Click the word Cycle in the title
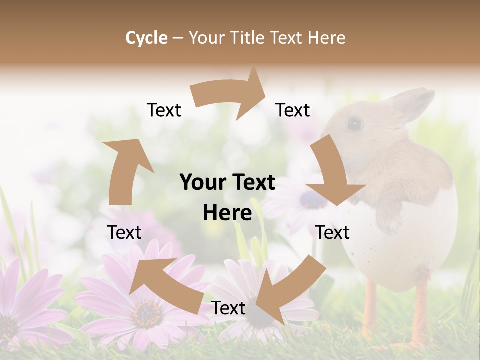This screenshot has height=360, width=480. [x=146, y=38]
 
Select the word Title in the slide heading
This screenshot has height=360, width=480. [x=248, y=38]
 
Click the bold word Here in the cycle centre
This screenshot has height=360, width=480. [x=227, y=213]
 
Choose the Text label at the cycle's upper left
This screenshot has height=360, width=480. [x=164, y=110]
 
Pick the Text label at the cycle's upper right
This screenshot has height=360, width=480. [x=293, y=110]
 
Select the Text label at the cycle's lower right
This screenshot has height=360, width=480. [x=332, y=233]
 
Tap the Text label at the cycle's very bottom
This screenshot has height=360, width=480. [x=228, y=308]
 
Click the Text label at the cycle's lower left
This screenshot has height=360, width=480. [x=124, y=233]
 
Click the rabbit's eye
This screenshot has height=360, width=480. [x=355, y=124]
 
